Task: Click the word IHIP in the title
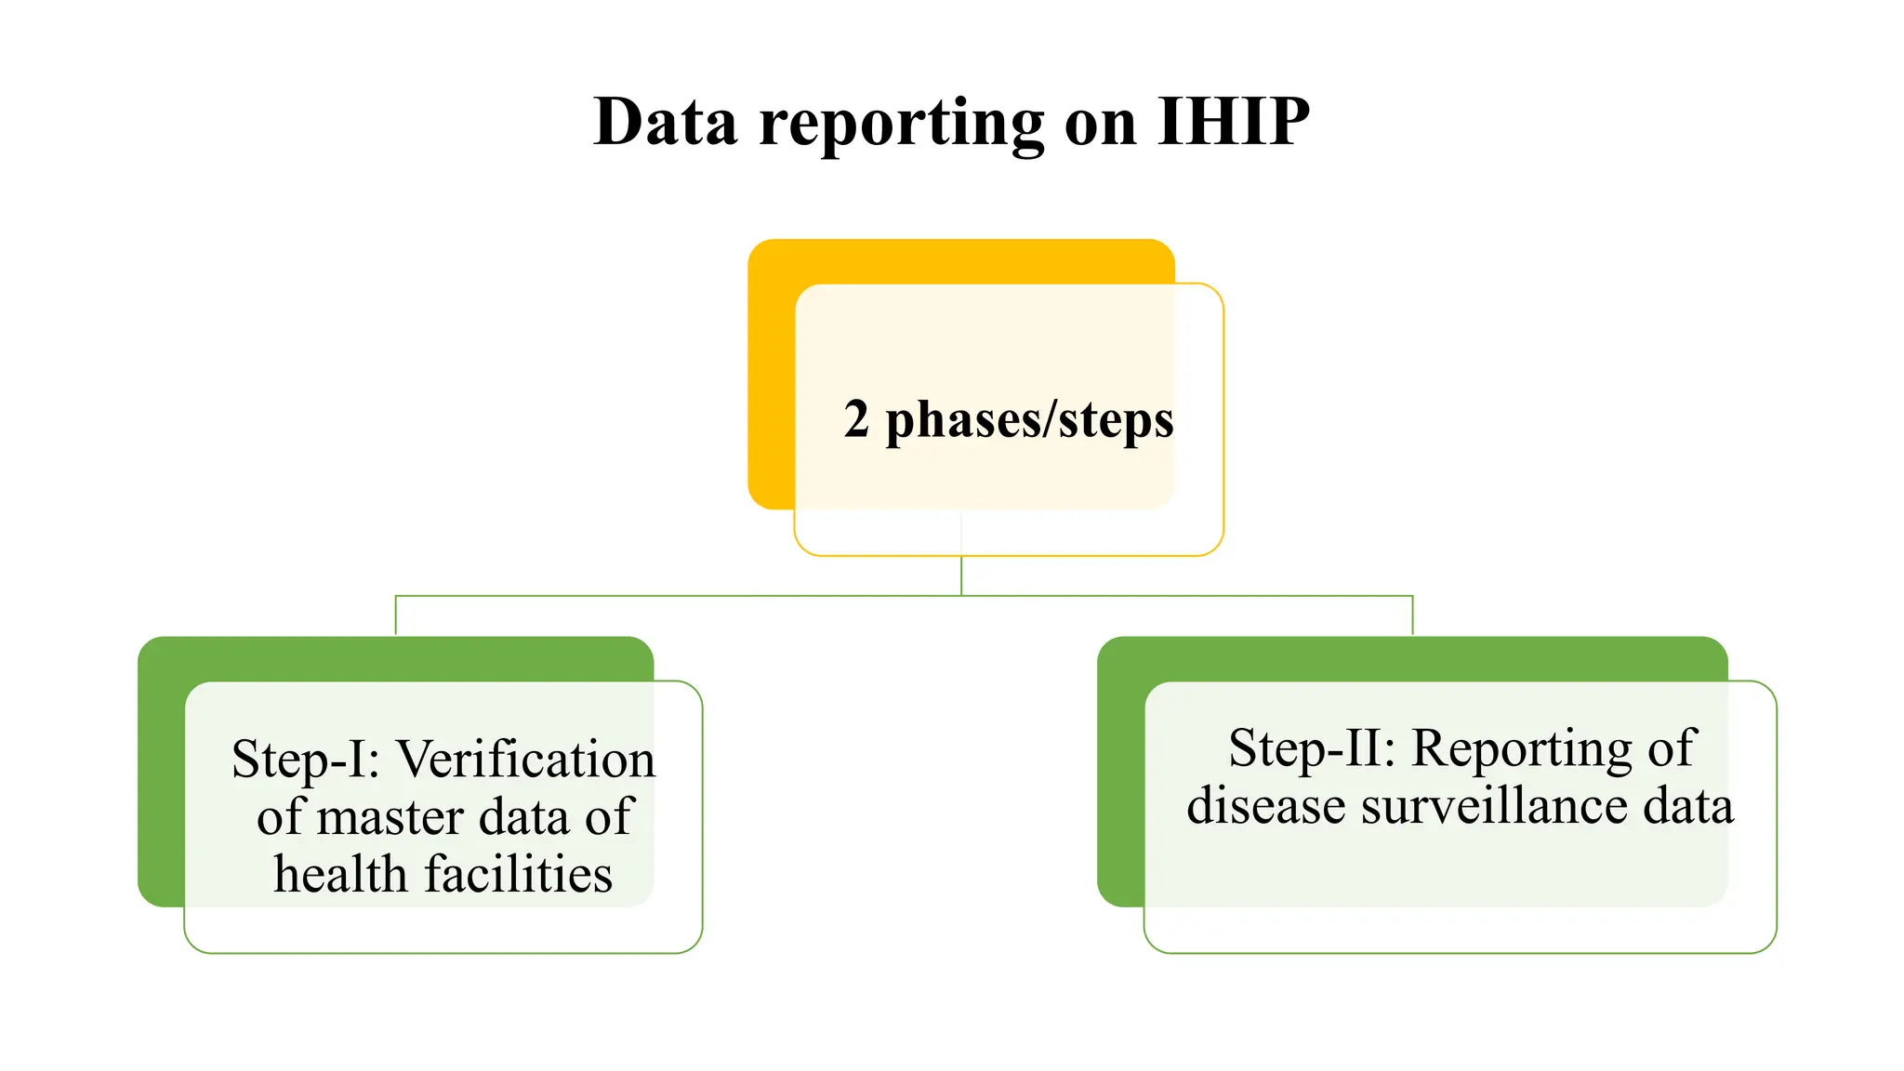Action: click(1234, 122)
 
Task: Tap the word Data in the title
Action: click(666, 122)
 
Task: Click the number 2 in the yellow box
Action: click(856, 419)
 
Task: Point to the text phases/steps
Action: click(1030, 421)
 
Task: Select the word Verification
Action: click(526, 759)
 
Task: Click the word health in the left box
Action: click(341, 875)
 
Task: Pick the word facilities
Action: click(519, 875)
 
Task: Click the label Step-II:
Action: click(1312, 748)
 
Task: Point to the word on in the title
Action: click(1101, 124)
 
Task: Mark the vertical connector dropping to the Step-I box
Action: click(396, 615)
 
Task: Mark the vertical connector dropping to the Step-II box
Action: click(1412, 615)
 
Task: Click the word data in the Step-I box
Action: click(523, 817)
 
